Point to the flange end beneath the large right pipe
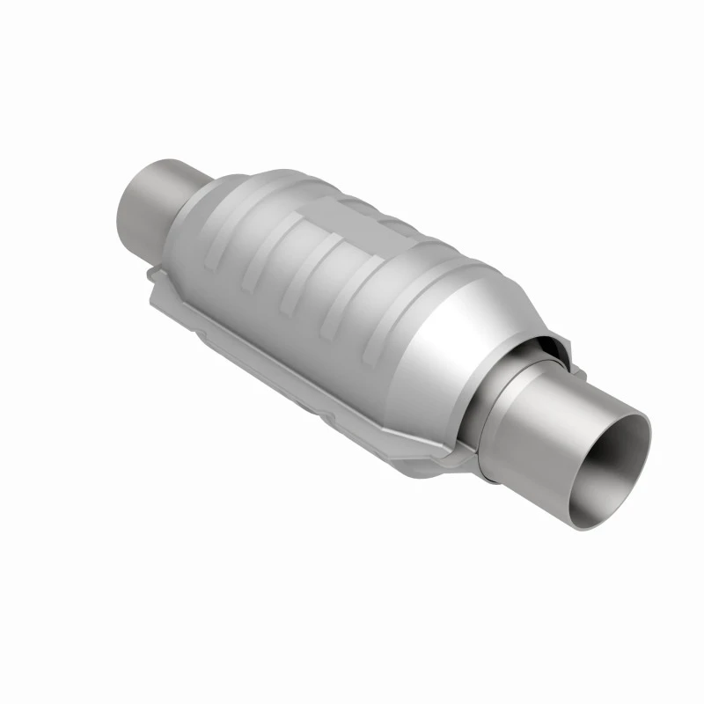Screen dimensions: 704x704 click(458, 458)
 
